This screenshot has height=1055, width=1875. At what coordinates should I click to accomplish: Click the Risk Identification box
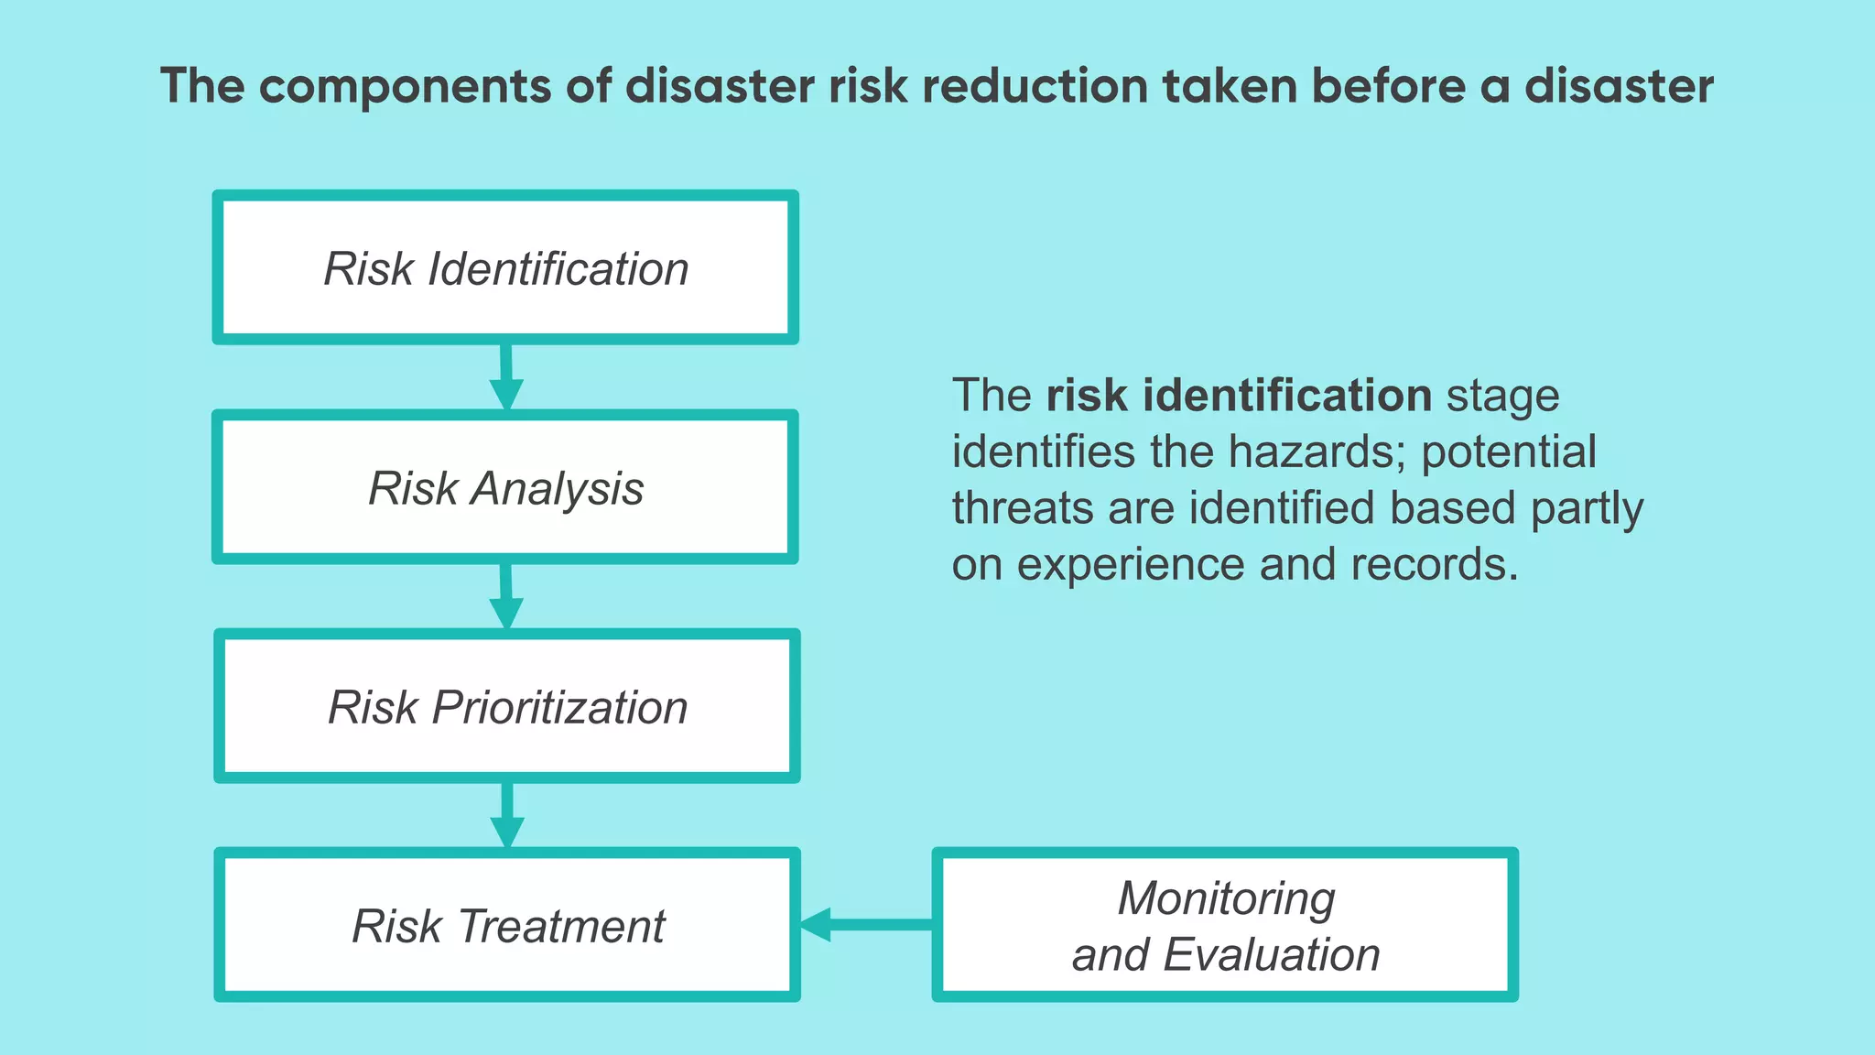pyautogui.click(x=505, y=268)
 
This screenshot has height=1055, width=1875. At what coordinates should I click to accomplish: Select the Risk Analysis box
pyautogui.click(x=505, y=487)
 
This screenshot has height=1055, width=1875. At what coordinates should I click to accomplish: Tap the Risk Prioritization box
pyautogui.click(x=507, y=706)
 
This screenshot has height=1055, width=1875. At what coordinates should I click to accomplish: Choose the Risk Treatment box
pyautogui.click(x=507, y=925)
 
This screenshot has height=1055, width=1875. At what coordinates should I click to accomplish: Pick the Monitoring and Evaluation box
pyautogui.click(x=1225, y=925)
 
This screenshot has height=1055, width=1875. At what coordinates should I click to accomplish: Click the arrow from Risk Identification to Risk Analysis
pyautogui.click(x=505, y=377)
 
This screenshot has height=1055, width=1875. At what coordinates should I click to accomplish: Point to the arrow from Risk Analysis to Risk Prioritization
pyautogui.click(x=505, y=596)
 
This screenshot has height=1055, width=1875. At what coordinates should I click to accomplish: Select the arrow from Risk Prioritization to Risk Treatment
pyautogui.click(x=506, y=815)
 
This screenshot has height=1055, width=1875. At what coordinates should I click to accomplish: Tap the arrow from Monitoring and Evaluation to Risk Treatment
pyautogui.click(x=865, y=924)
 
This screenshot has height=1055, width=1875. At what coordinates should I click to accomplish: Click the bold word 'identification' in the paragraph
pyautogui.click(x=1288, y=396)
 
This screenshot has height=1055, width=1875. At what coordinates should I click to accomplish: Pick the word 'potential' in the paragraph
pyautogui.click(x=1509, y=451)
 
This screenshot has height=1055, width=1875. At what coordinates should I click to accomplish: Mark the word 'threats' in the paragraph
pyautogui.click(x=1022, y=508)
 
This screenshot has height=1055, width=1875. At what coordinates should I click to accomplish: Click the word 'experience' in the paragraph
pyautogui.click(x=1131, y=565)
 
